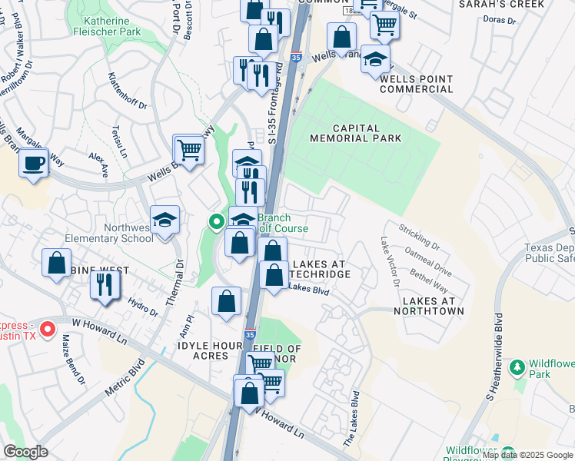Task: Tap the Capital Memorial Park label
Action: (x=355, y=134)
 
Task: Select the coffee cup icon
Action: (x=33, y=164)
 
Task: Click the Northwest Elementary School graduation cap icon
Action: (x=165, y=221)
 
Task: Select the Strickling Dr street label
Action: (x=419, y=237)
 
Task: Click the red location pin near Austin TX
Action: (x=48, y=330)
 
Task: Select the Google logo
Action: (x=26, y=452)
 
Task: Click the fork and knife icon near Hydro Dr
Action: (x=101, y=284)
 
